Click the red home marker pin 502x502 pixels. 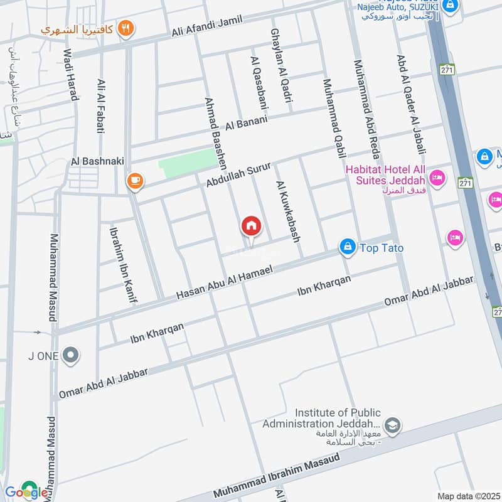click(x=251, y=226)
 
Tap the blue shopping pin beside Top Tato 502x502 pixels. click(x=347, y=247)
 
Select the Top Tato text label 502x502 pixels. click(x=382, y=248)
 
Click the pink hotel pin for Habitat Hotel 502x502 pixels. click(x=437, y=178)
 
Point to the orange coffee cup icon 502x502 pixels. click(x=134, y=181)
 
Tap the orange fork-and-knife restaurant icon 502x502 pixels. click(x=126, y=28)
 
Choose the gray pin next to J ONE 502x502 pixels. click(x=71, y=356)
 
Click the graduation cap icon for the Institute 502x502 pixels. click(x=393, y=425)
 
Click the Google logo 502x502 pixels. click(x=26, y=491)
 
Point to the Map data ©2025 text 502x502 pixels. click(x=467, y=496)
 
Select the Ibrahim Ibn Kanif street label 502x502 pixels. click(x=123, y=264)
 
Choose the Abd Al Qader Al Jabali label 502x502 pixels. click(x=411, y=104)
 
